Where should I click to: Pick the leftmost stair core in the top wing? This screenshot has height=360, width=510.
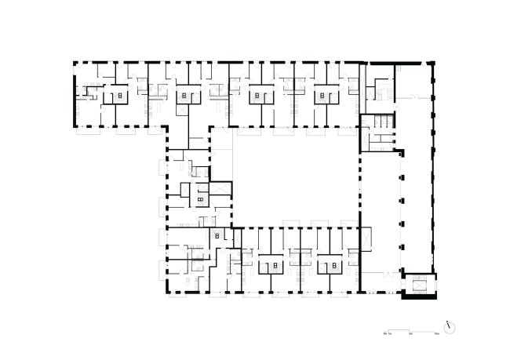pyautogui.click(x=118, y=96)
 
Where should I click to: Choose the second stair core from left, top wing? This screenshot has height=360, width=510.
pyautogui.click(x=185, y=96)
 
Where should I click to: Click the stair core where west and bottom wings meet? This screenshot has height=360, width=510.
pyautogui.click(x=216, y=235)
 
